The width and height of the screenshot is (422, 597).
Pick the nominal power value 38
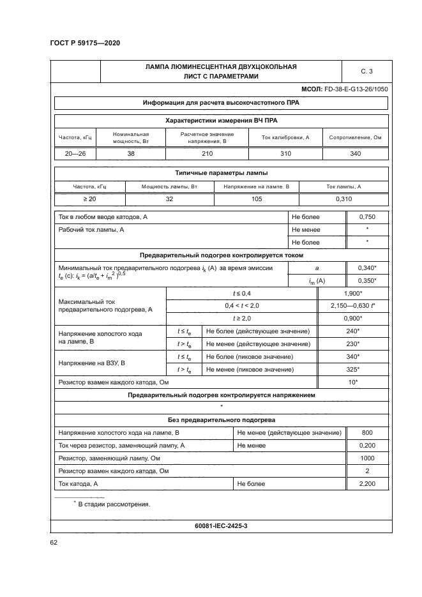[x=130, y=154]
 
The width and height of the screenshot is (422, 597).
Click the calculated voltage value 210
[x=207, y=154]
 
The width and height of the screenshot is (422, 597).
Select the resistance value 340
[x=355, y=154]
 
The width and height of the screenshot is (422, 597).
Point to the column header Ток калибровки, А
[x=285, y=138]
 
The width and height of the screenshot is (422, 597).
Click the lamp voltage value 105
[x=256, y=200]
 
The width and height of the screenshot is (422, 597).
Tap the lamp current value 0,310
[x=343, y=200]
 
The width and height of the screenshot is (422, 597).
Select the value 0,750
[x=367, y=217]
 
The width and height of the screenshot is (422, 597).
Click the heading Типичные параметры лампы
[x=221, y=172]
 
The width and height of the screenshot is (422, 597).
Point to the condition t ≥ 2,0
[x=241, y=318]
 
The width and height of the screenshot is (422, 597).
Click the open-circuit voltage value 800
[x=367, y=434]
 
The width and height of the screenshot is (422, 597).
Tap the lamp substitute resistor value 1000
[x=367, y=459]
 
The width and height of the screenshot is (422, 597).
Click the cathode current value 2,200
[x=367, y=485]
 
